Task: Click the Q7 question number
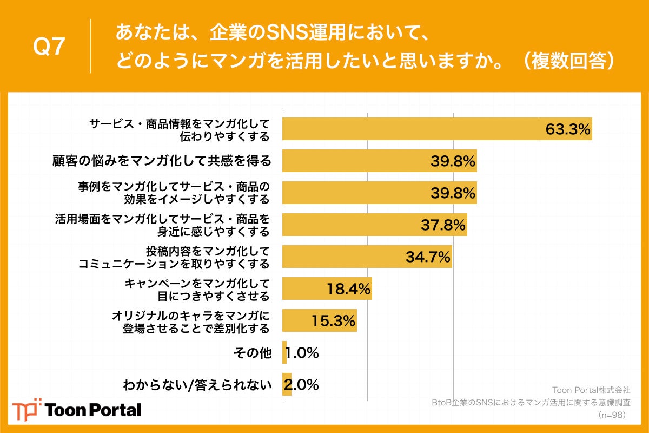click(x=49, y=47)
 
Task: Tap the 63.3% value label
click(x=567, y=130)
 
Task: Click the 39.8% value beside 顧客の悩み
click(x=453, y=161)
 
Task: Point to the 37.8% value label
click(x=443, y=225)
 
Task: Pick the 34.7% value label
click(x=428, y=257)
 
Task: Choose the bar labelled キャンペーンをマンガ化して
click(x=327, y=288)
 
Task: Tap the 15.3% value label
click(x=333, y=321)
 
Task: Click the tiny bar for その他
click(x=284, y=353)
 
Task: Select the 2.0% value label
click(x=302, y=385)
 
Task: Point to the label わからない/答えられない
click(x=196, y=385)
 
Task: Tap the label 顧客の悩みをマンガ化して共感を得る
click(x=162, y=161)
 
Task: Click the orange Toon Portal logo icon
click(x=26, y=409)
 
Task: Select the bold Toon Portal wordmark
click(x=94, y=410)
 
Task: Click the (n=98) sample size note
click(x=614, y=415)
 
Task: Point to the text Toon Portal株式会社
click(x=591, y=390)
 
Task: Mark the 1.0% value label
click(x=302, y=353)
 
